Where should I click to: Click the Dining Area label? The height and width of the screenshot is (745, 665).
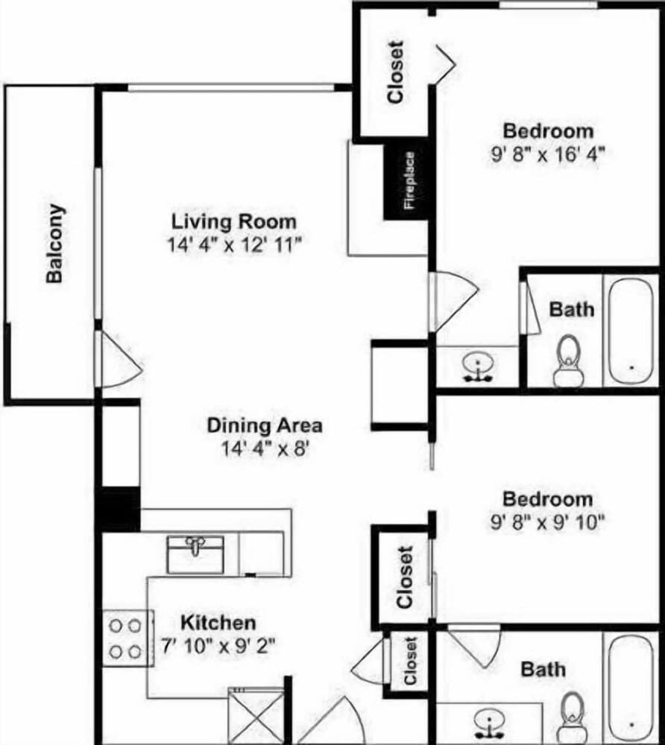pos(265,425)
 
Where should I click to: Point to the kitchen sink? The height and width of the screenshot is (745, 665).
pos(195,555)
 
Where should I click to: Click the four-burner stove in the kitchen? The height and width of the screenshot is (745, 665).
pos(126,638)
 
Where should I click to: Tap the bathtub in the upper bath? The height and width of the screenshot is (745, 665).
pos(631,330)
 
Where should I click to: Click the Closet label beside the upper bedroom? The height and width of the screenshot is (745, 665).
pos(394,72)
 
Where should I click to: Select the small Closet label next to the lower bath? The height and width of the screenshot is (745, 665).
pos(409,661)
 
